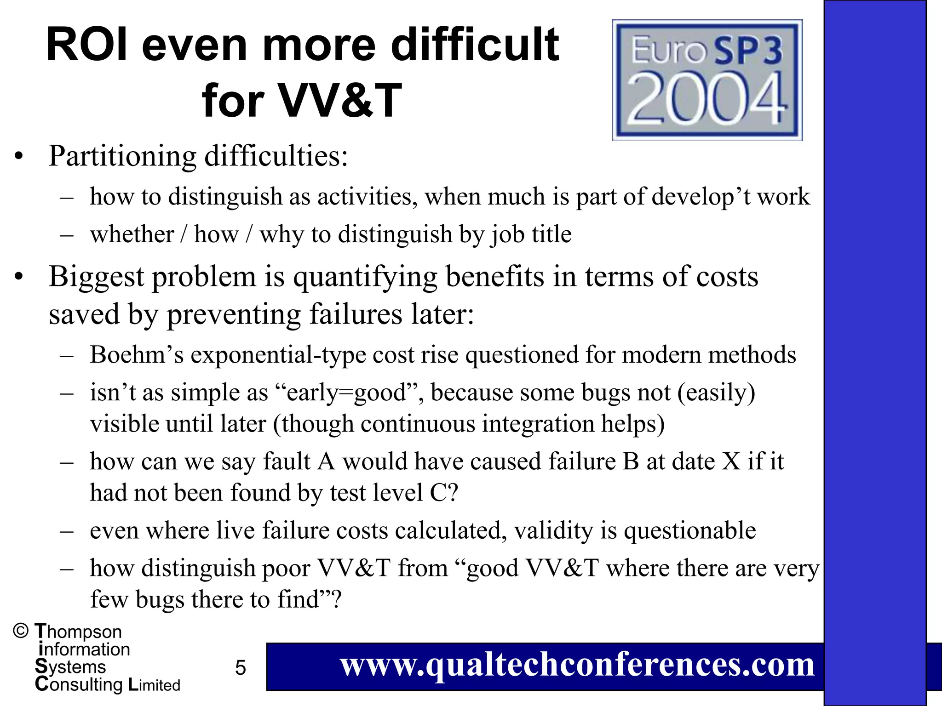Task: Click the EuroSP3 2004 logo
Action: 707,80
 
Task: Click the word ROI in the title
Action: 87,45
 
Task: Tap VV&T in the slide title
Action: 340,100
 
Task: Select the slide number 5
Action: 241,667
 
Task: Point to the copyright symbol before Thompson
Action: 21,631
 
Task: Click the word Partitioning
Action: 122,156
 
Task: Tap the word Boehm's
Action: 137,355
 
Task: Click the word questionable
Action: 689,530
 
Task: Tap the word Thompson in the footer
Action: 79,632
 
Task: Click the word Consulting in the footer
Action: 79,684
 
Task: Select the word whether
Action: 132,234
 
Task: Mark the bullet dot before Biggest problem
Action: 18,278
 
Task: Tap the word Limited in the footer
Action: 154,685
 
